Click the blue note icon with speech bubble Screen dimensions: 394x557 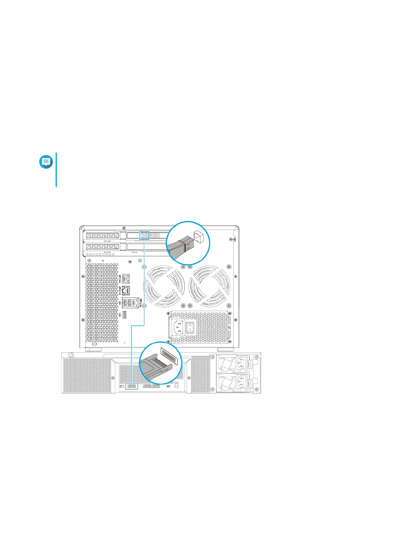(46, 162)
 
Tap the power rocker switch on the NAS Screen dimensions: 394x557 (190, 327)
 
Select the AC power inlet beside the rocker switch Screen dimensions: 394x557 (177, 327)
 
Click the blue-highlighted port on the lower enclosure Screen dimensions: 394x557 (132, 386)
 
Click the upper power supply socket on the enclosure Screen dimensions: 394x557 (241, 363)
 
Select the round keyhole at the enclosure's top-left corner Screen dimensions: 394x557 (70, 355)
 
